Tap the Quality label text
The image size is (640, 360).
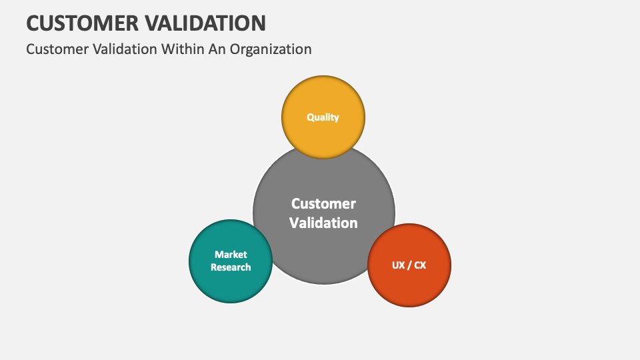323,117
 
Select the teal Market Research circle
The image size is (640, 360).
231,280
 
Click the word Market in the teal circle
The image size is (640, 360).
231,255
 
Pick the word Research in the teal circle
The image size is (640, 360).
231,267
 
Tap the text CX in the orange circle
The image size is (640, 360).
420,265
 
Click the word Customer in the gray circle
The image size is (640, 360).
323,204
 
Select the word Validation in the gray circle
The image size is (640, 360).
323,223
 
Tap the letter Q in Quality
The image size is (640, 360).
311,117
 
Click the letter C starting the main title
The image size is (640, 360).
33,23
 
